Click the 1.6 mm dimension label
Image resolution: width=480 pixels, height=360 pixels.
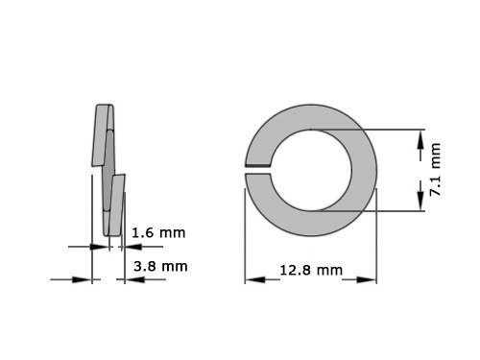pos(157,232)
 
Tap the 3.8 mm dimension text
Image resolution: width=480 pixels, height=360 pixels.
pos(159,266)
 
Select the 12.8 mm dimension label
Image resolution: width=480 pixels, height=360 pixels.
pos(310,270)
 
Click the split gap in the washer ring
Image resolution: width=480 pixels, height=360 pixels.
pos(256,170)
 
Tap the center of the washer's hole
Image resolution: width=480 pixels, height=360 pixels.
pos(311,169)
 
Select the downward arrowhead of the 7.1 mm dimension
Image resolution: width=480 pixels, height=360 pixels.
pos(420,197)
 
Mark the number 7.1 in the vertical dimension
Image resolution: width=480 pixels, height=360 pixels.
pos(435,182)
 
